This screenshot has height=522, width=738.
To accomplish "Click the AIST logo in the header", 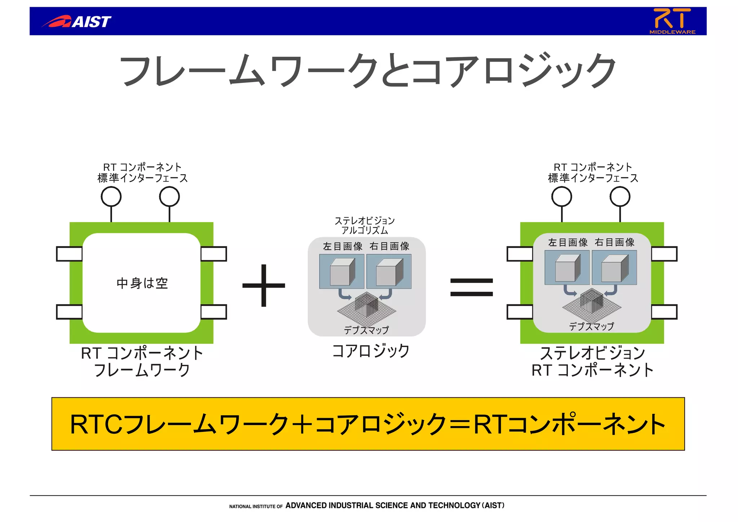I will tap(77, 22).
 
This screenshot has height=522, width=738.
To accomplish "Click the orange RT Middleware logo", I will tap(672, 21).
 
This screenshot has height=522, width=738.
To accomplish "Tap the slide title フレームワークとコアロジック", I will tap(368, 70).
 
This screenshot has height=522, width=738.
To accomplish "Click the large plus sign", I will tap(264, 286).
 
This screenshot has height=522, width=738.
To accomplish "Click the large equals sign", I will tap(471, 287).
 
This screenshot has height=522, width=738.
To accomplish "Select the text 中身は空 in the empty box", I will tap(142, 283).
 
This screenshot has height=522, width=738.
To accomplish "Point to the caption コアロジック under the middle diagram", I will tap(370, 351).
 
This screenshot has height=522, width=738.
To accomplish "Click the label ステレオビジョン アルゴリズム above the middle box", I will tap(365, 225).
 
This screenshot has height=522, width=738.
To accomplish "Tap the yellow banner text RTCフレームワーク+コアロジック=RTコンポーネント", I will tap(368, 424).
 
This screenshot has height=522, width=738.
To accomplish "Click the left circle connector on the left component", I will tap(111, 197).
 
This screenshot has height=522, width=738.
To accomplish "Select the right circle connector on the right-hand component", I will tap(620, 197).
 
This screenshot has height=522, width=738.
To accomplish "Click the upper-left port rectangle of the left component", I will tap(69, 254).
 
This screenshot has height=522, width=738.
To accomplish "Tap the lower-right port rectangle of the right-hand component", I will tap(664, 312).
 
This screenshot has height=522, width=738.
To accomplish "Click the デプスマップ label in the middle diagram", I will tap(366, 330).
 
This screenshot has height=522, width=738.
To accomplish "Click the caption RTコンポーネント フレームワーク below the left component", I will tap(142, 361).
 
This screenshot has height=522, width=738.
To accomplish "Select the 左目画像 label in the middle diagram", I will tap(342, 246).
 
